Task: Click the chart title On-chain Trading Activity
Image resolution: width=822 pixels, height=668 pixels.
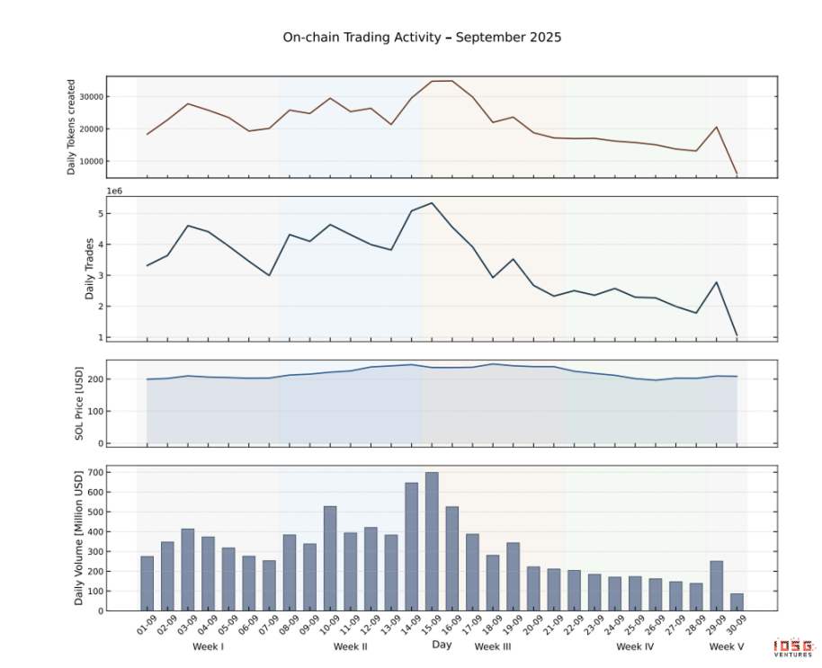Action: click(422, 38)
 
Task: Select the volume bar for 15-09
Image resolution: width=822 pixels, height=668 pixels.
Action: click(432, 541)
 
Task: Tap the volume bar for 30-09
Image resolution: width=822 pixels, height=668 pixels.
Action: click(737, 601)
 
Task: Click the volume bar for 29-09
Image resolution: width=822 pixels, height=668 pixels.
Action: click(717, 585)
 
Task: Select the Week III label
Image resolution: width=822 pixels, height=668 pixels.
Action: click(493, 646)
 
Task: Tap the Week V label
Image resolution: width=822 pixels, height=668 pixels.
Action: click(727, 646)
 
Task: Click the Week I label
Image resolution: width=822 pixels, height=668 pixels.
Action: click(209, 646)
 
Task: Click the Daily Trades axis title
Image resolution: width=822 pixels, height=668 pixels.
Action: click(90, 267)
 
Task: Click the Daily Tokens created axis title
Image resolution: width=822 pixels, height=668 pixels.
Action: click(72, 126)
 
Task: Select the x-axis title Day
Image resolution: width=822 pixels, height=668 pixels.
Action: click(442, 645)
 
